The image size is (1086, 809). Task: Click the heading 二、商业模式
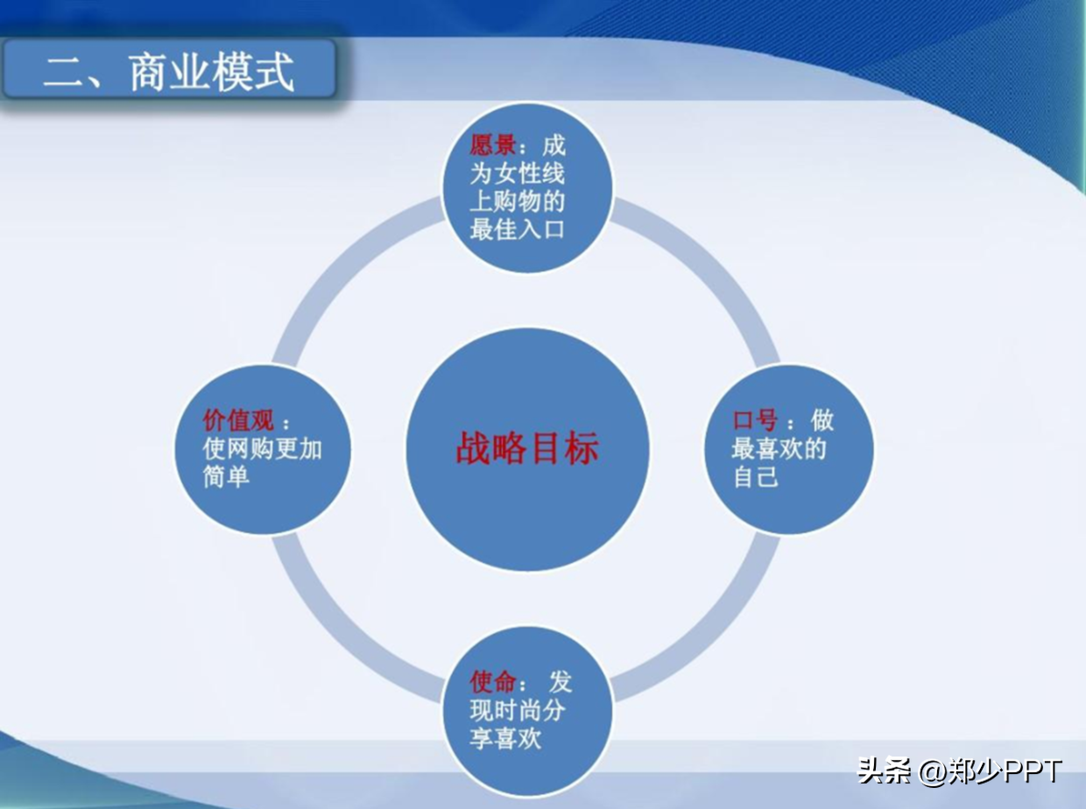pos(168,71)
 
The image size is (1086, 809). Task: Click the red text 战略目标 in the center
pos(527,448)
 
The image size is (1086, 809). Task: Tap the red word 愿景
pos(493,145)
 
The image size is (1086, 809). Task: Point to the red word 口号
pos(754,420)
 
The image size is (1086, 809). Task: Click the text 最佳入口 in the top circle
pos(517,230)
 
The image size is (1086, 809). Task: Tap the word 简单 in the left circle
pos(226,476)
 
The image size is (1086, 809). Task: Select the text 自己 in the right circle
pos(755,477)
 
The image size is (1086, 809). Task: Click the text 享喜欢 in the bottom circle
pos(505,738)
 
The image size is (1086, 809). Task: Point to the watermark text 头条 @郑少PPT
pos(959,771)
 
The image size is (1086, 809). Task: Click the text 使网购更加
pos(262,448)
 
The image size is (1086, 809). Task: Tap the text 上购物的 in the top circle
pos(517,202)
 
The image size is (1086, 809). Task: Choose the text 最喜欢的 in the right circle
pos(779,449)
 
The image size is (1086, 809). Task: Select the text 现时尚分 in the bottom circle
pos(517,710)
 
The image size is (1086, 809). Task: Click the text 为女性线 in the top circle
pos(517,173)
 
